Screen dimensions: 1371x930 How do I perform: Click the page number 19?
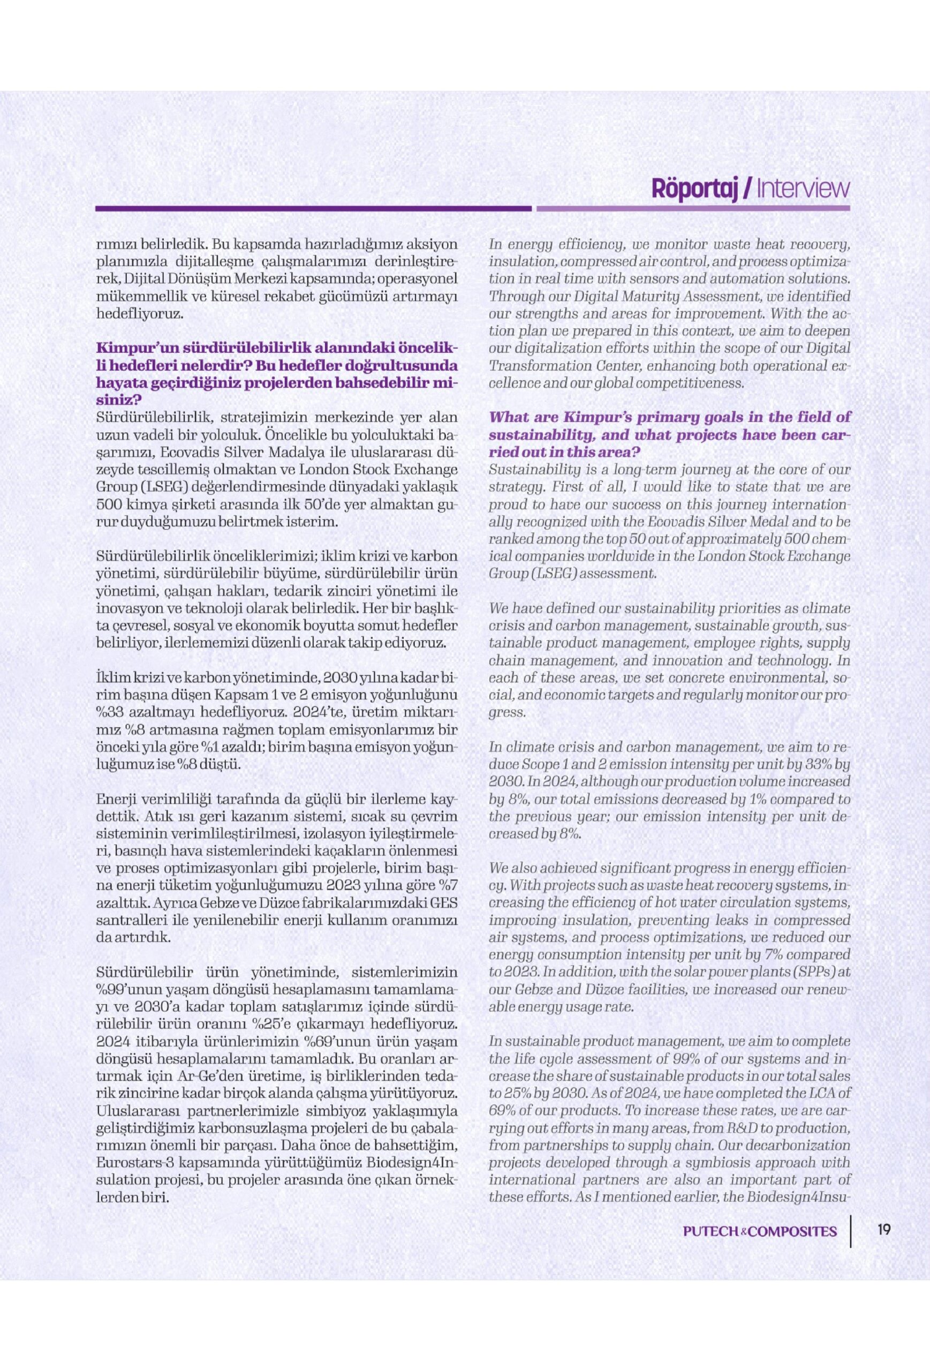(883, 1231)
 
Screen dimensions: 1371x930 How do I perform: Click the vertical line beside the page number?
(852, 1231)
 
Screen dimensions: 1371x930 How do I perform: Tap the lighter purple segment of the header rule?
(693, 208)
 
